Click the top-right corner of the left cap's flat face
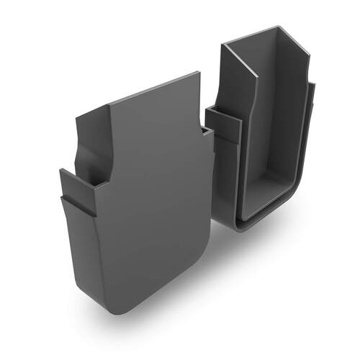click(x=199, y=73)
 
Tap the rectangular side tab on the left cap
click(x=69, y=184)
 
